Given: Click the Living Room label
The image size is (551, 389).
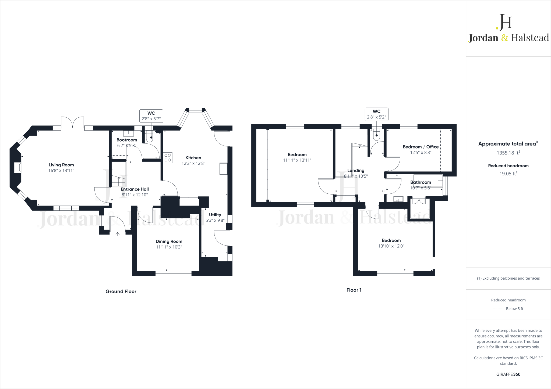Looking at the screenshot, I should (x=61, y=165).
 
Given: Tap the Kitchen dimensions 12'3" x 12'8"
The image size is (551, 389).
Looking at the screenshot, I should (x=193, y=163).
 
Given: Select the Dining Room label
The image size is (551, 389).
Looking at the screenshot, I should (x=169, y=241).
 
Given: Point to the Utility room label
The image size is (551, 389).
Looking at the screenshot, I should (x=215, y=215).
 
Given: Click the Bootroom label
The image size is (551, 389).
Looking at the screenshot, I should (x=127, y=140).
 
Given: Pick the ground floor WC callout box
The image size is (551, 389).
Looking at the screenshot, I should (x=151, y=116).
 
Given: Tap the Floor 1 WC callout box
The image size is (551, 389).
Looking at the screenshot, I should (x=376, y=114).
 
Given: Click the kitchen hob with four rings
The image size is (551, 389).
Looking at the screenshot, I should (x=168, y=158).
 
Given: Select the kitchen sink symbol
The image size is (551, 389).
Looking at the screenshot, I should (x=223, y=169).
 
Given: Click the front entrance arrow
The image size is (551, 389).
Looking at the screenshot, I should (x=118, y=234).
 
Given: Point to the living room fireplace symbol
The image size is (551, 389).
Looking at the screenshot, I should (x=18, y=167).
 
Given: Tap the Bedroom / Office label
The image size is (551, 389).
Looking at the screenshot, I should (x=421, y=147).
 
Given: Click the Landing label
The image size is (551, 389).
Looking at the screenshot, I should (x=356, y=171).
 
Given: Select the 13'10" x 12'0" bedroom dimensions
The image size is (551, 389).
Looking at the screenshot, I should (x=391, y=246).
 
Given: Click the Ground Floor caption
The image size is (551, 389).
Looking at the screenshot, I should (x=121, y=291).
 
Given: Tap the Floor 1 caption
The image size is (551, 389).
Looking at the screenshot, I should (x=354, y=290).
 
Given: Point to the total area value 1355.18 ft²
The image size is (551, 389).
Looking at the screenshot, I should (x=508, y=153).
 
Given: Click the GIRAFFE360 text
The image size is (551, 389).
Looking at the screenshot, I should (x=508, y=374).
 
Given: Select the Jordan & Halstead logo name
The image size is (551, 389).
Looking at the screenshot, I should (x=508, y=38).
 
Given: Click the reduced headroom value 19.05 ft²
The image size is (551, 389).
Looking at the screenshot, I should (x=508, y=174).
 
